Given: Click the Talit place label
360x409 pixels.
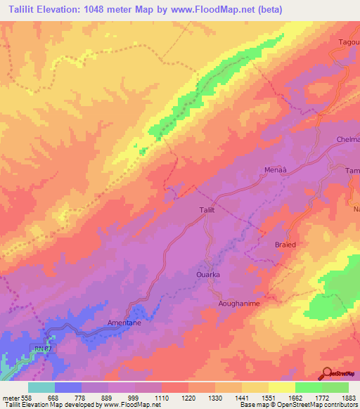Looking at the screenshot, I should (x=203, y=209).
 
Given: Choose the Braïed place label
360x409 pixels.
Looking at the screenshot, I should (x=285, y=245).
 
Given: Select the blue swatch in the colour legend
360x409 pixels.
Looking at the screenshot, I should (x=67, y=387).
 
